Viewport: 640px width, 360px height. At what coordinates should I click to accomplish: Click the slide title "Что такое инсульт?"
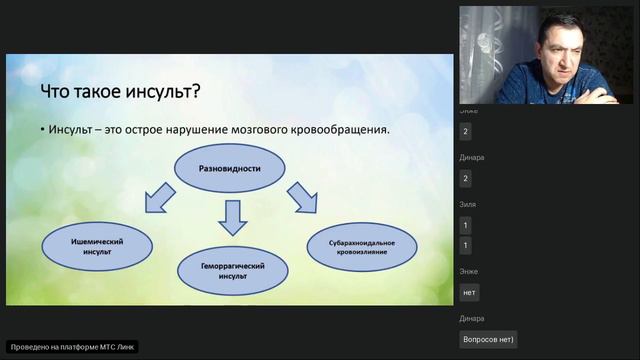click(x=119, y=92)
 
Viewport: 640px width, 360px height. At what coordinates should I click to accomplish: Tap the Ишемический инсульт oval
click(x=98, y=247)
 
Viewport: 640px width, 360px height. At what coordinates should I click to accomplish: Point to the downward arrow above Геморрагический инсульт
click(x=233, y=217)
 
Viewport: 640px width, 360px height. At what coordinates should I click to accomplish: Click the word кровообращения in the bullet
click(x=341, y=130)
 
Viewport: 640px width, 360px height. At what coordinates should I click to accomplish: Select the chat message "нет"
click(x=469, y=292)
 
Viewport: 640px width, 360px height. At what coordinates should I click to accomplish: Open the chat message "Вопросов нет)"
click(x=488, y=339)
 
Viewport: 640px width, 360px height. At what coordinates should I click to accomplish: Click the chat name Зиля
click(x=468, y=203)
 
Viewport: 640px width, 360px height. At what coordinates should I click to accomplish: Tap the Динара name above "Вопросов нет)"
click(x=472, y=318)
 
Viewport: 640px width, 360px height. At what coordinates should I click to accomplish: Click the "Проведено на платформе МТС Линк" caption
click(x=72, y=347)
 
